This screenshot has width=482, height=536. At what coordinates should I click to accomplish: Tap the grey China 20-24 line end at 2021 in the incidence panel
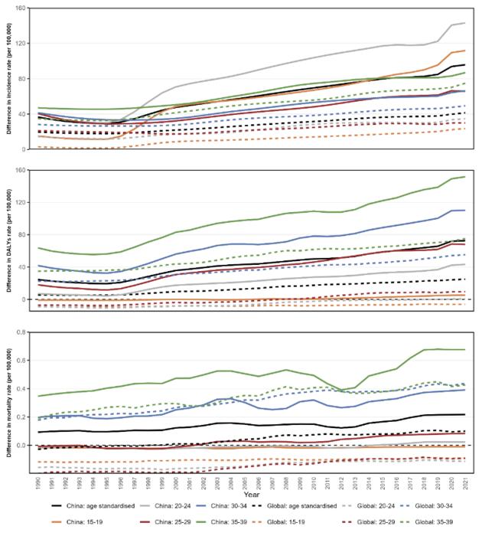(465, 23)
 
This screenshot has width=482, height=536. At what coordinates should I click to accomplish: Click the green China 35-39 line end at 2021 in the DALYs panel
(465, 177)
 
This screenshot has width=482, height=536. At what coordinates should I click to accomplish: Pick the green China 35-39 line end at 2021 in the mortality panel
(465, 350)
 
